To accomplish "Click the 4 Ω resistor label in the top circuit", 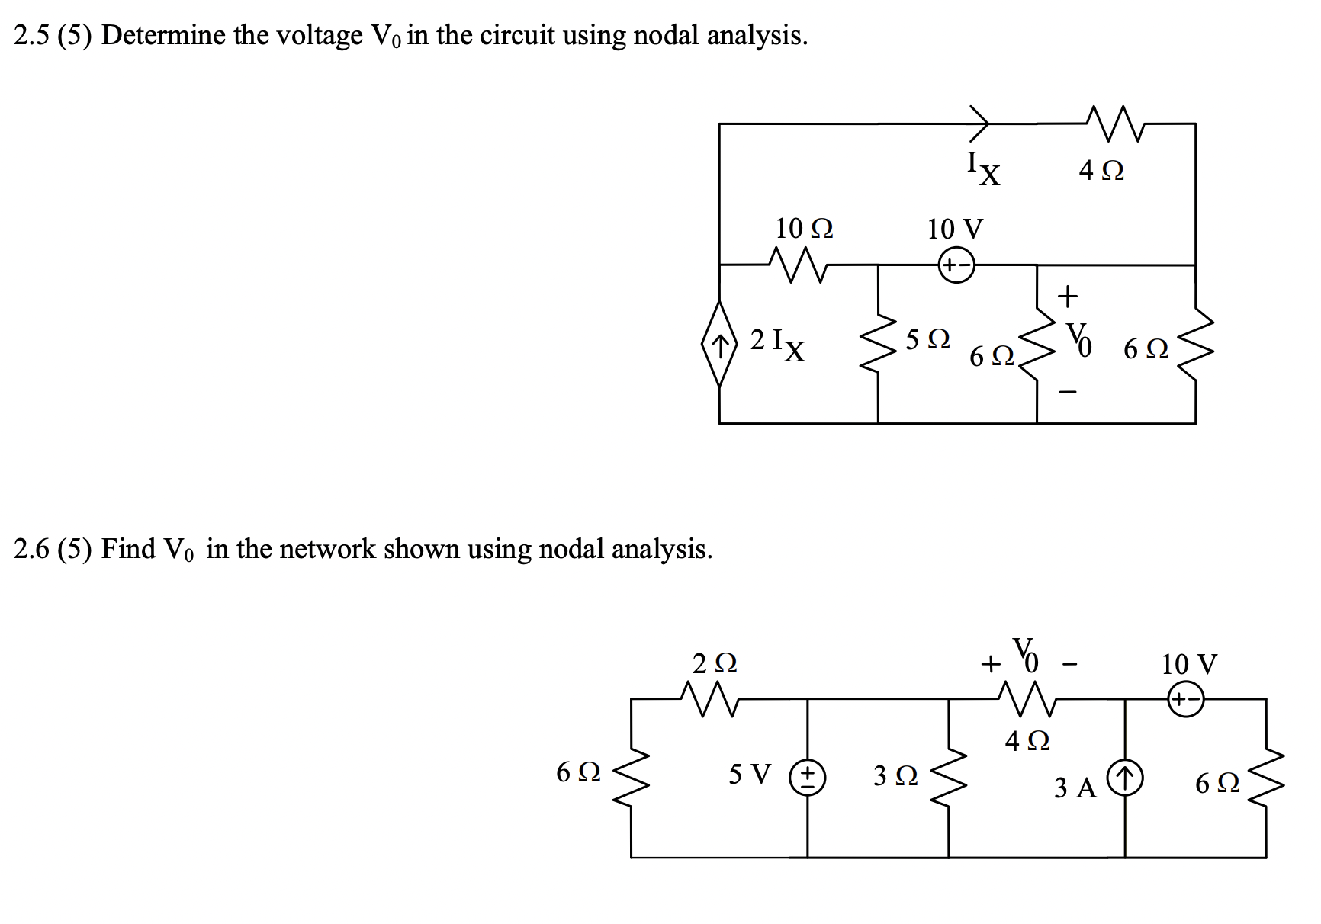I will [x=1101, y=170].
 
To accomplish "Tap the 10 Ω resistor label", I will [x=804, y=228].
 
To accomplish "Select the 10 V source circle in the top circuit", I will [x=956, y=265].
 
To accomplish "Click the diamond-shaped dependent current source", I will [x=719, y=344].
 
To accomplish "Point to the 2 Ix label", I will [x=777, y=342].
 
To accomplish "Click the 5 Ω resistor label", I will [x=927, y=339].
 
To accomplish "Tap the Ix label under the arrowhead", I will [x=983, y=168].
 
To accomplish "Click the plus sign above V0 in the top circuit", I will [x=1067, y=294].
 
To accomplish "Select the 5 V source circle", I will [x=808, y=778].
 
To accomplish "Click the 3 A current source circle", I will [x=1125, y=779].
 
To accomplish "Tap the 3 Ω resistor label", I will [x=895, y=776].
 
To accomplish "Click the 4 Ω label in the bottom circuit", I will [x=1027, y=740].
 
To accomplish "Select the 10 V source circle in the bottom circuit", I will [x=1185, y=698].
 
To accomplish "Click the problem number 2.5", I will [x=34, y=36].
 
